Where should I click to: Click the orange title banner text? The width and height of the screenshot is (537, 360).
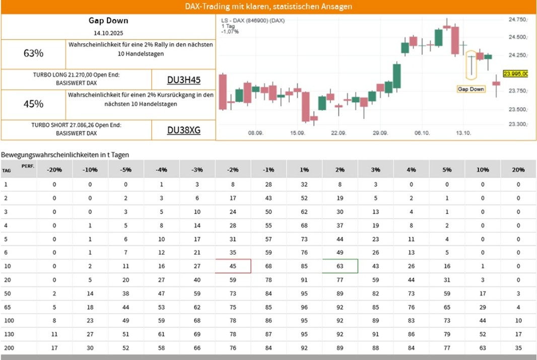pyautogui.click(x=268, y=7)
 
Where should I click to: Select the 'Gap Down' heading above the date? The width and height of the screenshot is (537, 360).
pyautogui.click(x=108, y=21)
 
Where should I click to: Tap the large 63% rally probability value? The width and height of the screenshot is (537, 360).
pyautogui.click(x=33, y=53)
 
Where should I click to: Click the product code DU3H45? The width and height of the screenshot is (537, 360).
pyautogui.click(x=183, y=80)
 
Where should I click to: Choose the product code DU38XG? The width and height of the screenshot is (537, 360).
pyautogui.click(x=183, y=130)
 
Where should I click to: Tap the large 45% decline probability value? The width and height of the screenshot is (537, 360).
pyautogui.click(x=33, y=104)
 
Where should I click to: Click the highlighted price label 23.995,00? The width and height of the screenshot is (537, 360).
pyautogui.click(x=515, y=74)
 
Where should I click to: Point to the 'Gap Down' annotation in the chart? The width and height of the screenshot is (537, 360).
pyautogui.click(x=471, y=89)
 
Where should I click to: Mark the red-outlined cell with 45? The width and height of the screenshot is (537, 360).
pyautogui.click(x=233, y=266)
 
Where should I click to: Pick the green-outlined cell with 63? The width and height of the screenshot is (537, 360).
pyautogui.click(x=340, y=266)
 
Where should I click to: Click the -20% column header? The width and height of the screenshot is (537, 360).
pyautogui.click(x=54, y=170)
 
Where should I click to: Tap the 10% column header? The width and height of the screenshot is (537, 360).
pyautogui.click(x=483, y=170)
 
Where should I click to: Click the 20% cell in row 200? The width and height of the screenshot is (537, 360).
pyautogui.click(x=518, y=348)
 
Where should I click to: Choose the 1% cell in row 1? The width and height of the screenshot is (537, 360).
pyautogui.click(x=304, y=184)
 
